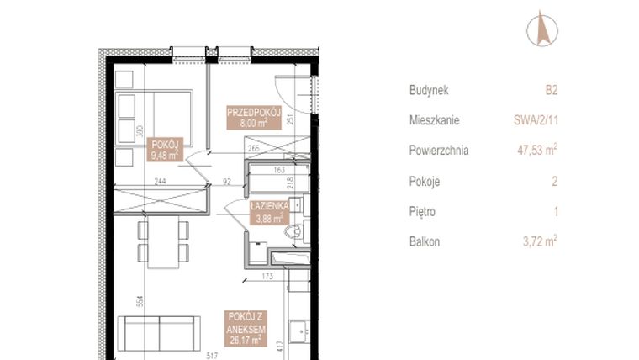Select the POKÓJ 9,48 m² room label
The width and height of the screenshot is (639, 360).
tap(164, 149)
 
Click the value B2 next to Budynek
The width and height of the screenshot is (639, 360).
tap(552, 91)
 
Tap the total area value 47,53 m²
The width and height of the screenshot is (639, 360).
tap(537, 151)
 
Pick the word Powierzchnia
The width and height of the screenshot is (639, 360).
tap(439, 151)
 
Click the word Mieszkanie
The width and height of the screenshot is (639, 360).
tap(434, 121)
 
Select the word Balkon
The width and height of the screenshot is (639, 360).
tap(425, 242)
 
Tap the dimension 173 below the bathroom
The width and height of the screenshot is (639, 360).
tap(267, 276)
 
